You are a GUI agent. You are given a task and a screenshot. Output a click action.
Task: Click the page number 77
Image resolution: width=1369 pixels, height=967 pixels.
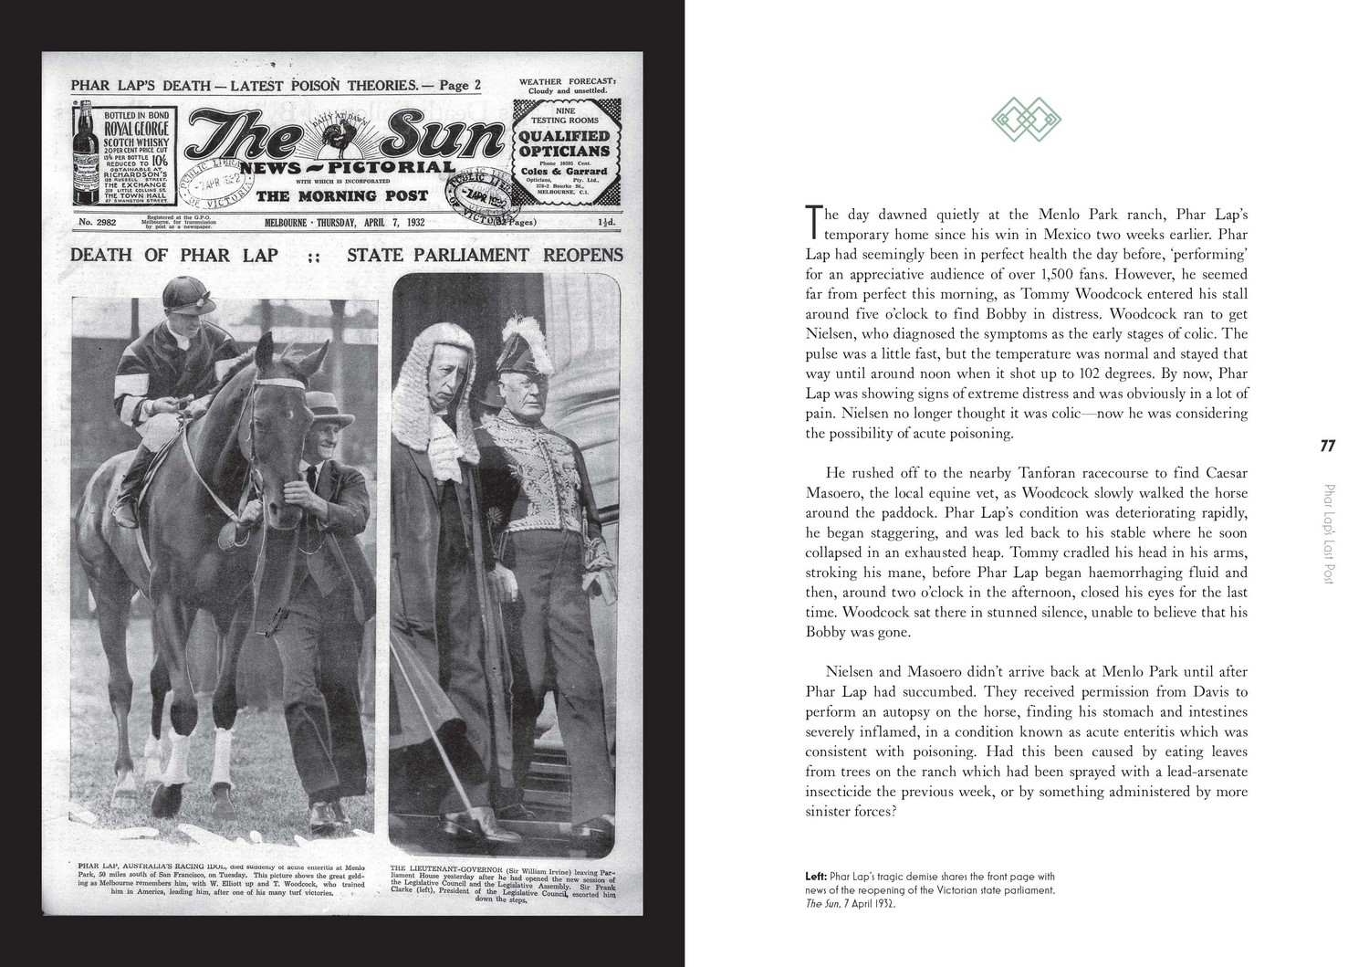tap(1328, 447)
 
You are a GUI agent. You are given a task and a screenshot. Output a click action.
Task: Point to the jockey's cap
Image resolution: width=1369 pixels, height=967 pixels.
tap(184, 295)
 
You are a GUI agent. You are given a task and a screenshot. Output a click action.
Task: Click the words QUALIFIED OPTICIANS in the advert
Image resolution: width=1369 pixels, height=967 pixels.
tap(564, 143)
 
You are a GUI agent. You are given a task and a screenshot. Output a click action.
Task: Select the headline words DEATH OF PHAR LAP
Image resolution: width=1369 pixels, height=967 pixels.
tap(174, 255)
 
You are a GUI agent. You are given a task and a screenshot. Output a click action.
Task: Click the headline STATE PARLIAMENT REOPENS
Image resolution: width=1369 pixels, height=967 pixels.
tap(485, 255)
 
